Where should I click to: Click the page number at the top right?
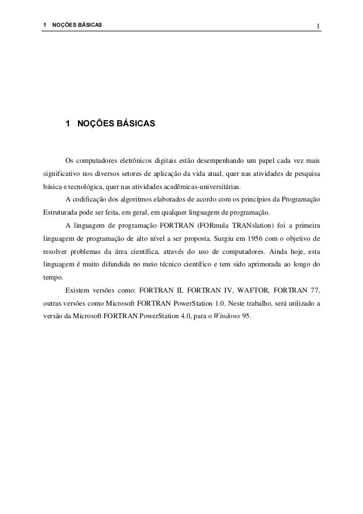click(x=319, y=25)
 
